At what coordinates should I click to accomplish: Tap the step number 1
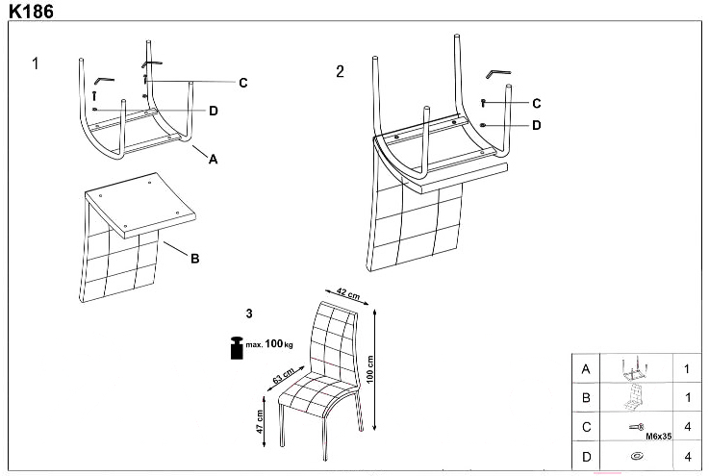click(36, 64)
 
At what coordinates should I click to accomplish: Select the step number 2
click(340, 72)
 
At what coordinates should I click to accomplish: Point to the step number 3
click(249, 313)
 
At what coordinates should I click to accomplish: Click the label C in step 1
click(243, 84)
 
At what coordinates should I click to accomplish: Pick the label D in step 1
click(214, 111)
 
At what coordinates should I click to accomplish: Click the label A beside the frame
click(214, 160)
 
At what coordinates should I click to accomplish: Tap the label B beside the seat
click(194, 258)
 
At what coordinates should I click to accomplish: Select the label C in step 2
click(537, 104)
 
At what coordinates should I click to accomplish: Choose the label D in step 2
click(537, 125)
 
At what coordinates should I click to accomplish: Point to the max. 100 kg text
click(269, 343)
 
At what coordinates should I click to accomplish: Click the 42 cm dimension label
click(347, 292)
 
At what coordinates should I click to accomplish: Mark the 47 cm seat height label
click(260, 421)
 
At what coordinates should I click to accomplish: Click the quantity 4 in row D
click(686, 456)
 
